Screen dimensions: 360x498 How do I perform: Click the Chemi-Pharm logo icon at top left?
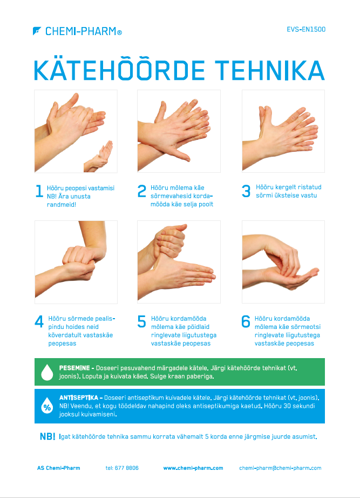(x=37, y=31)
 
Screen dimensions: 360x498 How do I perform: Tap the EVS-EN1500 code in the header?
(x=306, y=29)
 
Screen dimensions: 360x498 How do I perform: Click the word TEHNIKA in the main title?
(x=269, y=70)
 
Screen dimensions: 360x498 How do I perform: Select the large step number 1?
(x=39, y=191)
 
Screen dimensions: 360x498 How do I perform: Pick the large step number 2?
(x=142, y=191)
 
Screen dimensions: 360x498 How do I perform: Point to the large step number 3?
(x=246, y=191)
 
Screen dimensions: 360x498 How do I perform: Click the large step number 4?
(x=39, y=321)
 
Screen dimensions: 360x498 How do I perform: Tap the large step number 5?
(x=141, y=321)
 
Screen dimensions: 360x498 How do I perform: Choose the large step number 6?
(x=246, y=321)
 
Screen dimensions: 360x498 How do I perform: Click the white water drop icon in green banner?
(x=47, y=372)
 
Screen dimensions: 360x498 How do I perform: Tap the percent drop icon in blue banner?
(x=47, y=406)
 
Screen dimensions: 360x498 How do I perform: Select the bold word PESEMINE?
(x=74, y=368)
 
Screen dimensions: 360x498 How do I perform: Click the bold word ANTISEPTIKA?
(x=79, y=398)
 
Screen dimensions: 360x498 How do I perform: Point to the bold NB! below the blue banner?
(x=47, y=437)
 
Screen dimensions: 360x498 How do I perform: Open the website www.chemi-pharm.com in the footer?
(x=193, y=468)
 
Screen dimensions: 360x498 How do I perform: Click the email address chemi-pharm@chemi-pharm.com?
(x=280, y=468)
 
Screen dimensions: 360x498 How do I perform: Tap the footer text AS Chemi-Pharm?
(x=59, y=468)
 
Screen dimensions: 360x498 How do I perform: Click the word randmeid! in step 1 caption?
(x=62, y=205)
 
